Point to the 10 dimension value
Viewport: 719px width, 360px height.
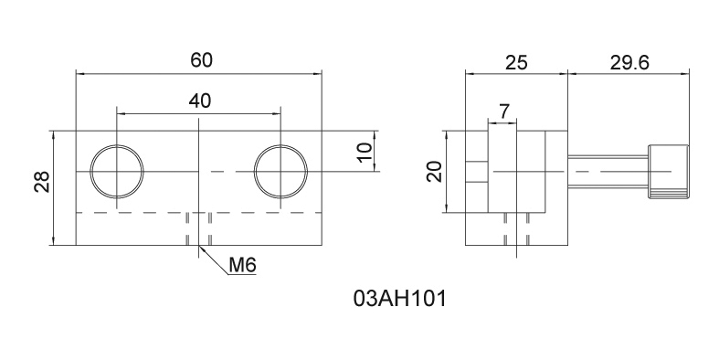pos(365,152)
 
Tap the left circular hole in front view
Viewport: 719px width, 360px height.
pos(117,171)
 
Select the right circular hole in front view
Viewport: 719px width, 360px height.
pos(281,171)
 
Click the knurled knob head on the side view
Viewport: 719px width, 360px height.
pos(668,172)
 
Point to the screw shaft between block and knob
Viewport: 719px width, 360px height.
pos(608,172)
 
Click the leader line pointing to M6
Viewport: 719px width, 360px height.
pos(213,259)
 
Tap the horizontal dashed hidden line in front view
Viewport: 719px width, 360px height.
pos(137,213)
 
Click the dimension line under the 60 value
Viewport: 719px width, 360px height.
pos(137,72)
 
